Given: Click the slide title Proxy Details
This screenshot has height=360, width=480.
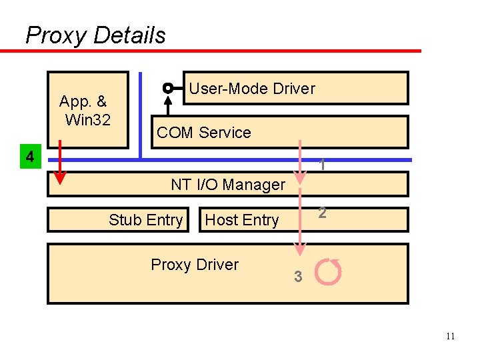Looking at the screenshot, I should pos(95,35).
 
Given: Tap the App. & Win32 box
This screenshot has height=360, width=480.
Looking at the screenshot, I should pos(87,110).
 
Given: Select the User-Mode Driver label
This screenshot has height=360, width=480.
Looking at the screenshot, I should pos(251,89).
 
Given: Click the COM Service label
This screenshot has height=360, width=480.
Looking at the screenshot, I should pos(203,133).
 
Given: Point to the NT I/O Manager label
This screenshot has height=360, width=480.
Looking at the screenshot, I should pos(228,185).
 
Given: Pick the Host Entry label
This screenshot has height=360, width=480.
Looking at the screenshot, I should pos(241,220).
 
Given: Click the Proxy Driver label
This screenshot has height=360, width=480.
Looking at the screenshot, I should pos(195,265).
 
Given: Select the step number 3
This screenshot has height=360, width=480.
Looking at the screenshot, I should pos(299,277).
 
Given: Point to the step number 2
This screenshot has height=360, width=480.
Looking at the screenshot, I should pos(322,213).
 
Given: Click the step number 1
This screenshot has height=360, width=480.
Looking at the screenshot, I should pos(322,165).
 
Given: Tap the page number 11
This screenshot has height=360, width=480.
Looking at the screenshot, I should pos(450,336).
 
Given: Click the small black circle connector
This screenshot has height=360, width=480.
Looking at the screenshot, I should pos(168,87).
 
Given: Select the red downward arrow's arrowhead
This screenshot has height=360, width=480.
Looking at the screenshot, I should pos(59,177).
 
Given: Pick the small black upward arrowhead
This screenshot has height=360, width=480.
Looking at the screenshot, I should pos(168,100).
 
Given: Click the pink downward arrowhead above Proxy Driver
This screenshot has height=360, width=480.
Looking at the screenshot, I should pos(300,250).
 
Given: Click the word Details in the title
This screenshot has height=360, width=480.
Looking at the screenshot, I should pos(131,35).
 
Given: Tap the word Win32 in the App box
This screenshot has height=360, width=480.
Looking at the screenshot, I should pos(87,120).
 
